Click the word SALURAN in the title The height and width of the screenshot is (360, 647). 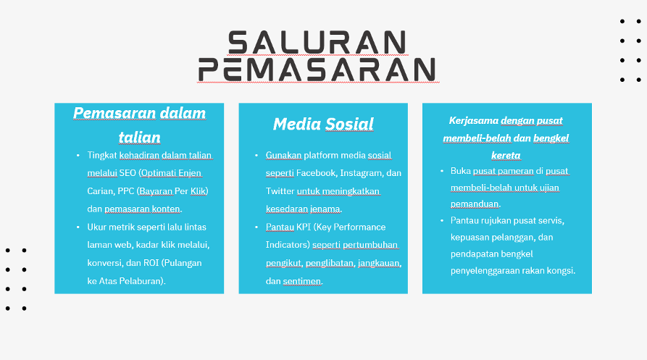click(317, 43)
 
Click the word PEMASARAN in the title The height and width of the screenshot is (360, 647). click(317, 70)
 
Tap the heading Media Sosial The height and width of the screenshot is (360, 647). click(323, 124)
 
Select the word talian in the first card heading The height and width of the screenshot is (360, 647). click(139, 138)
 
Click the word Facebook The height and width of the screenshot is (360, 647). click(316, 173)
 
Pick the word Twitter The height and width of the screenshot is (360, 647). click(280, 191)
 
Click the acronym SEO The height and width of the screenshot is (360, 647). click(128, 173)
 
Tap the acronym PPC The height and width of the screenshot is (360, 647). click(125, 191)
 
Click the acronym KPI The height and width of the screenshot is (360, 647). click(304, 227)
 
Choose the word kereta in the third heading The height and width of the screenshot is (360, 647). click(506, 155)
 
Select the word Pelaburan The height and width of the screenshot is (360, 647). click(144, 281)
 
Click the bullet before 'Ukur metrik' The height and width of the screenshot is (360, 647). click(78, 227)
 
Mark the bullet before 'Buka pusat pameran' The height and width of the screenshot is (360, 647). click(442, 171)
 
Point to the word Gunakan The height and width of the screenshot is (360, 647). click(284, 155)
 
